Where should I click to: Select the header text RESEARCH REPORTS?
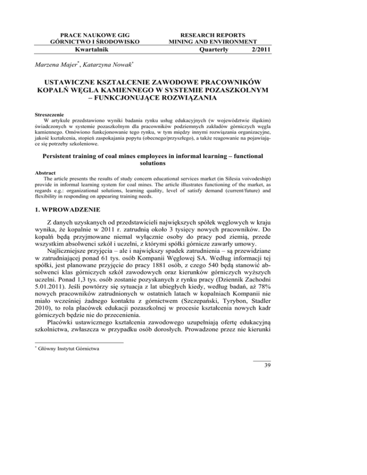217,34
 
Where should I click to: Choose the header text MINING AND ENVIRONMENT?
217,42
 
